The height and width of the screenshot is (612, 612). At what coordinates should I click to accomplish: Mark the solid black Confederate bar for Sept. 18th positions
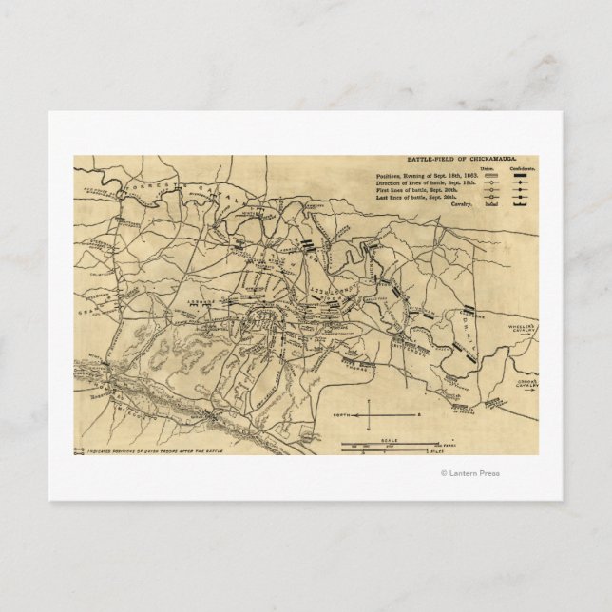tap(520, 178)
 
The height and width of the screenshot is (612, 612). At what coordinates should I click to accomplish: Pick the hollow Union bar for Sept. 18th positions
tap(488, 178)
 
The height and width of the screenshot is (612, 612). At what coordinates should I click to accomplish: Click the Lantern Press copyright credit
tap(469, 473)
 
